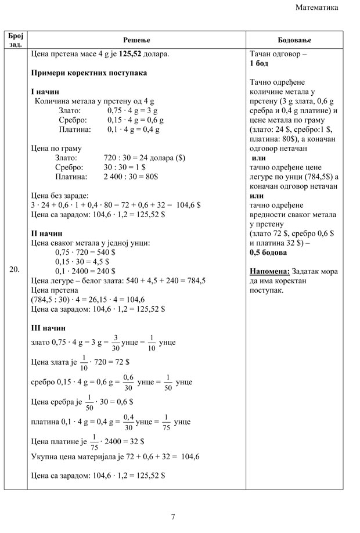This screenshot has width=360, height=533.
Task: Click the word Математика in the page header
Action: (x=317, y=8)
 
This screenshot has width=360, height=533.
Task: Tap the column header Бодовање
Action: (x=294, y=39)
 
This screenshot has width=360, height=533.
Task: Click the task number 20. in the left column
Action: (x=15, y=269)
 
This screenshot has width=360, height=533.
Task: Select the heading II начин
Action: (x=46, y=233)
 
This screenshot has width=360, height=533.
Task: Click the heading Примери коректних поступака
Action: (x=89, y=73)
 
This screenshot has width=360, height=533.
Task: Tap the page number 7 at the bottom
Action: (x=173, y=517)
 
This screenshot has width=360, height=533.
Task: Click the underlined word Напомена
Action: (x=269, y=272)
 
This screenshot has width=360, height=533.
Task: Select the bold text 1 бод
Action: (x=260, y=63)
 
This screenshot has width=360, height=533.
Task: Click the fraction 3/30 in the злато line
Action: (x=116, y=343)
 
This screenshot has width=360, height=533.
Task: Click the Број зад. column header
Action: (x=15, y=39)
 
